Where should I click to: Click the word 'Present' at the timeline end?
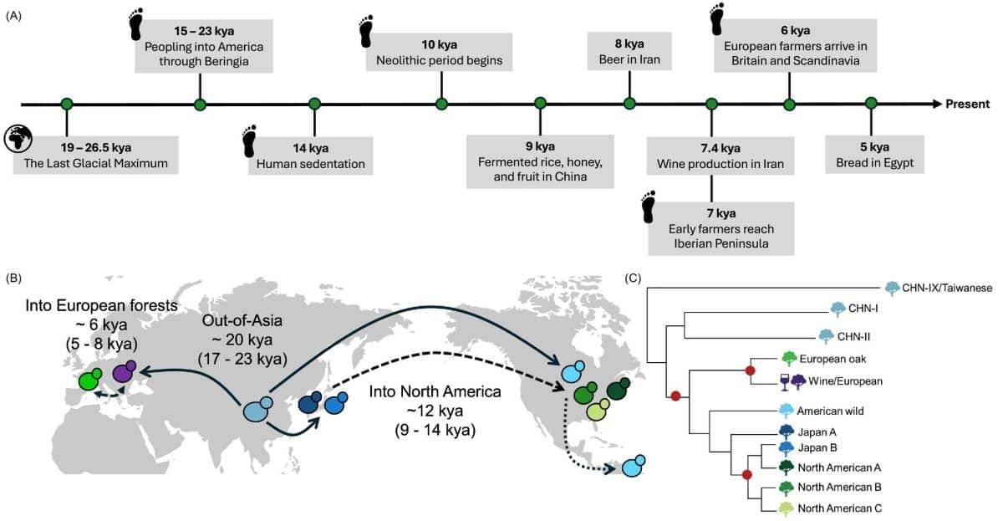point(968,104)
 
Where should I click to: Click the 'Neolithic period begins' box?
point(440,52)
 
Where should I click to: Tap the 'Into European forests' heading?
point(99,306)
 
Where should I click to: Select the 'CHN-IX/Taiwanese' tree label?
point(948,288)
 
